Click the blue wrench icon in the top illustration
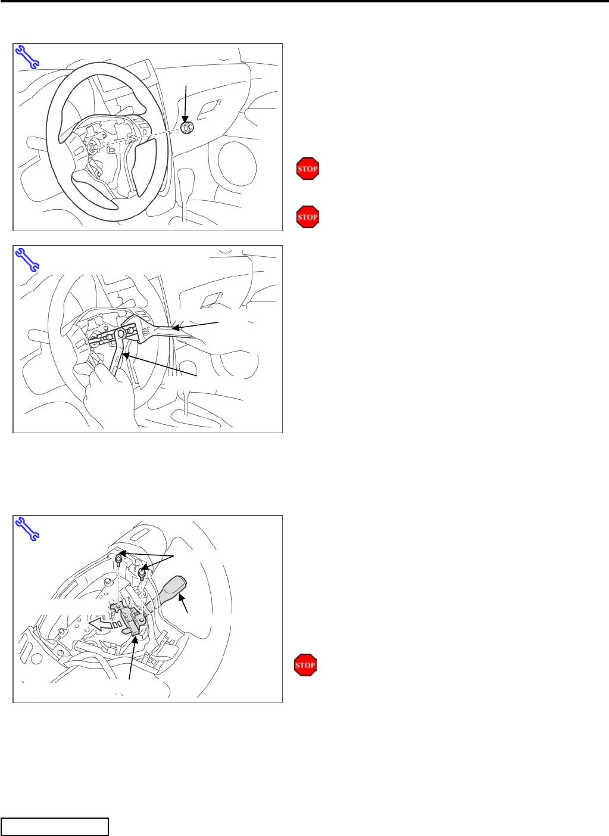[x=27, y=57]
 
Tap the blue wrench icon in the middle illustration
[x=27, y=259]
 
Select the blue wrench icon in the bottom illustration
[x=27, y=529]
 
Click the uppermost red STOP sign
[x=308, y=169]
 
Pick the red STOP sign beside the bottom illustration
[x=305, y=665]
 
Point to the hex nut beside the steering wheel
[x=187, y=128]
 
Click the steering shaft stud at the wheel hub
[x=92, y=147]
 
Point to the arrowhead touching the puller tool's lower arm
[x=126, y=356]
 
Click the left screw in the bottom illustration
[x=119, y=560]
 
